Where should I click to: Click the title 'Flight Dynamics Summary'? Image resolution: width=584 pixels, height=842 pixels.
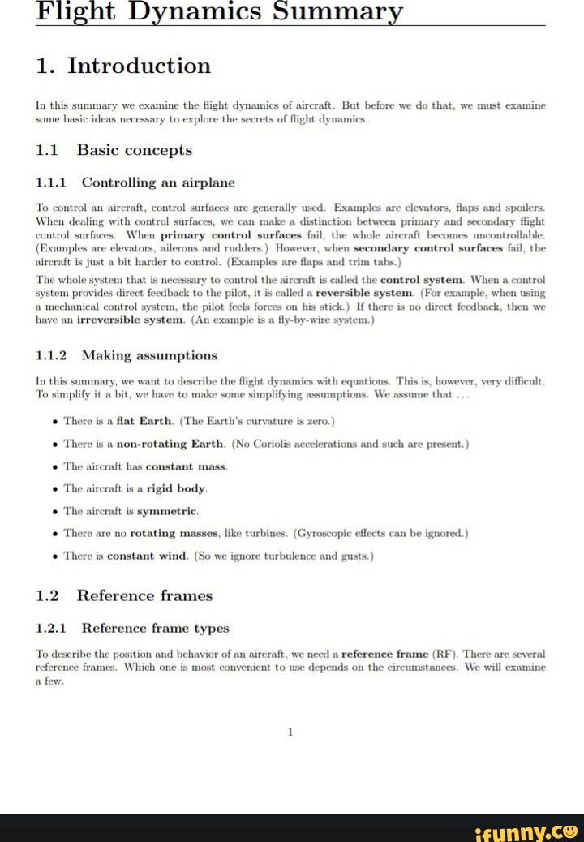point(219,11)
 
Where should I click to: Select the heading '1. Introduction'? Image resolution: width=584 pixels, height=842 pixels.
point(123,66)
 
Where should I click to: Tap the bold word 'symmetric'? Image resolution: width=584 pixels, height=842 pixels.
point(167,511)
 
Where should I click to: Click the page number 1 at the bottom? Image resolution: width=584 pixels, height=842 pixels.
point(290,732)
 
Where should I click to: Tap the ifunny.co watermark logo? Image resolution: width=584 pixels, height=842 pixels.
point(527,828)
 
